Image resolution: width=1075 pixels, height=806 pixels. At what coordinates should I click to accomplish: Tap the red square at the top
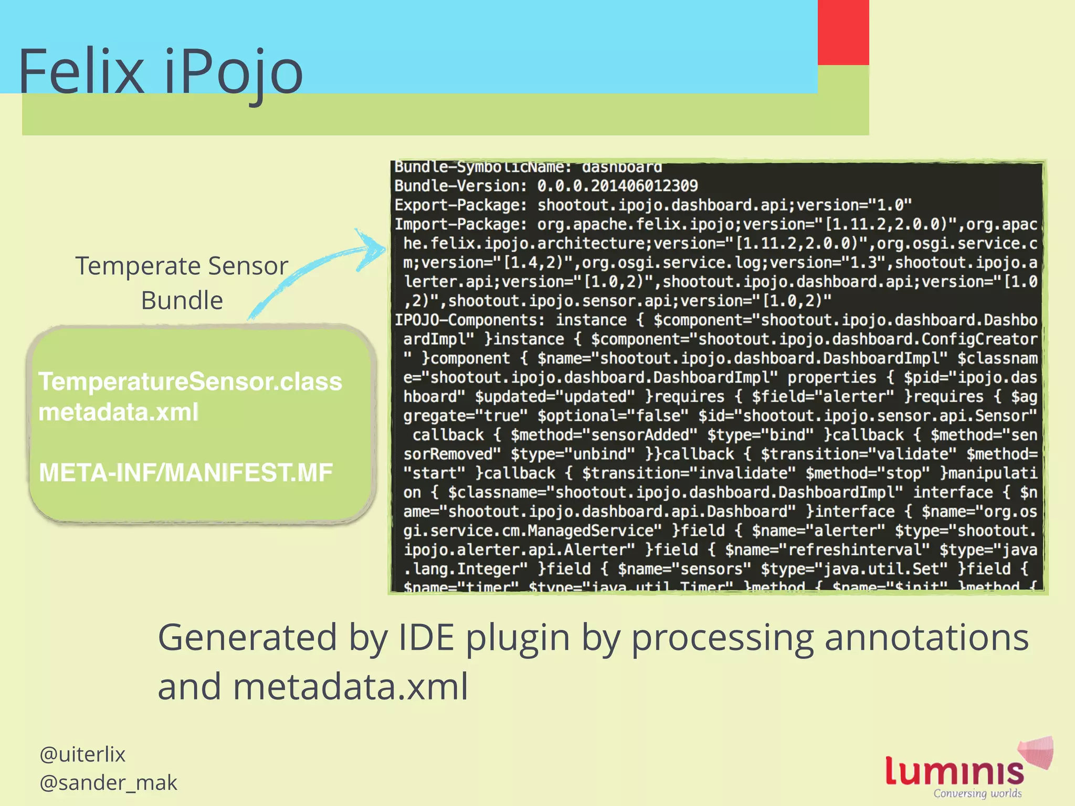click(843, 33)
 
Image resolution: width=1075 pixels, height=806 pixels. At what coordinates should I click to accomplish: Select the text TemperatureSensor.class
click(190, 381)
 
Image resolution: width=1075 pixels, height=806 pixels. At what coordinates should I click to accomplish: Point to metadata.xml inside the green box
click(119, 412)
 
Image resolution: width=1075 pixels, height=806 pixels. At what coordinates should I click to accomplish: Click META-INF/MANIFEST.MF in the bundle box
click(186, 473)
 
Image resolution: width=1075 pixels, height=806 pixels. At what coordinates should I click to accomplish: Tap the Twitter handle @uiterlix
click(82, 755)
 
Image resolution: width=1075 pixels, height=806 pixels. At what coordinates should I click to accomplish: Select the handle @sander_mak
click(108, 782)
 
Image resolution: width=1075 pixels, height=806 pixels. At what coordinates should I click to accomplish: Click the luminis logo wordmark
click(954, 771)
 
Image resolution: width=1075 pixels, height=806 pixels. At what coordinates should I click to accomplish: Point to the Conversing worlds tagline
click(977, 793)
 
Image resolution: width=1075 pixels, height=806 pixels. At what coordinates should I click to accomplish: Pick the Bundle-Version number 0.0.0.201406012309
click(617, 186)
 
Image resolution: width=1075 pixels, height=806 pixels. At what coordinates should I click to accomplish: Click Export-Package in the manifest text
click(460, 205)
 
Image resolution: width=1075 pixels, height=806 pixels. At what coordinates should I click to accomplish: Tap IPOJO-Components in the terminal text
click(469, 320)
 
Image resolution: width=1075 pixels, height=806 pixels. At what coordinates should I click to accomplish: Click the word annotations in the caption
click(926, 638)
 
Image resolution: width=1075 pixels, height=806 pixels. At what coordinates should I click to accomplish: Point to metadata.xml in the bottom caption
click(350, 687)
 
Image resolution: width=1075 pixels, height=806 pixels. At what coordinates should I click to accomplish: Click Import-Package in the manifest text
click(460, 225)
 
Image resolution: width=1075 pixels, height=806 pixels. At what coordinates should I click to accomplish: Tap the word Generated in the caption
click(247, 638)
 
